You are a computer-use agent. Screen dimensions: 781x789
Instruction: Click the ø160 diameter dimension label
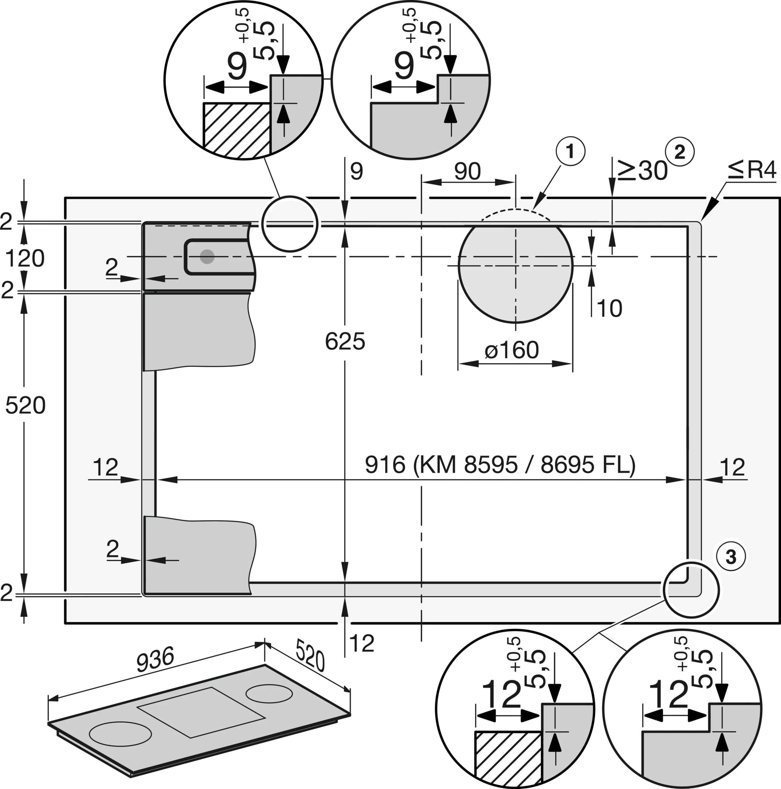[512, 350]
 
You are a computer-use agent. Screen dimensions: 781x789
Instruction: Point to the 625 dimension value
[345, 341]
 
